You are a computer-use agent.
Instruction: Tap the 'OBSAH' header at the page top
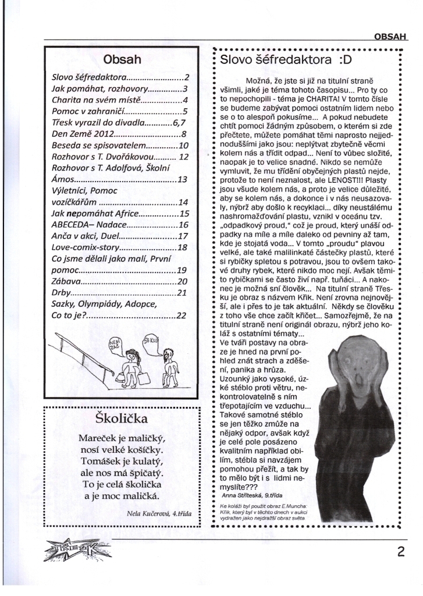390,36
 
